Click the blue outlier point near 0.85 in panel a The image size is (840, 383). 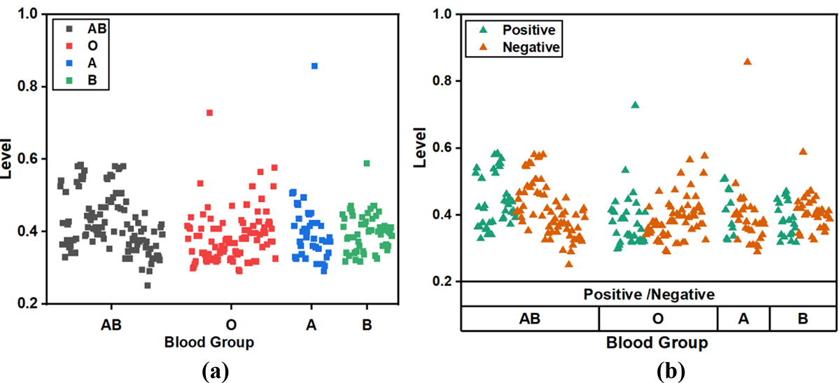[x=314, y=66]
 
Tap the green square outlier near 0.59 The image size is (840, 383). [x=367, y=163]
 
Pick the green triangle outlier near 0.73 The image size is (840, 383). [x=635, y=105]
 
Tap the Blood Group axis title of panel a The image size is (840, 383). [x=209, y=342]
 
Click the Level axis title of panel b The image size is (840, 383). [x=421, y=147]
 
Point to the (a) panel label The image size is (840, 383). [x=209, y=368]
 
